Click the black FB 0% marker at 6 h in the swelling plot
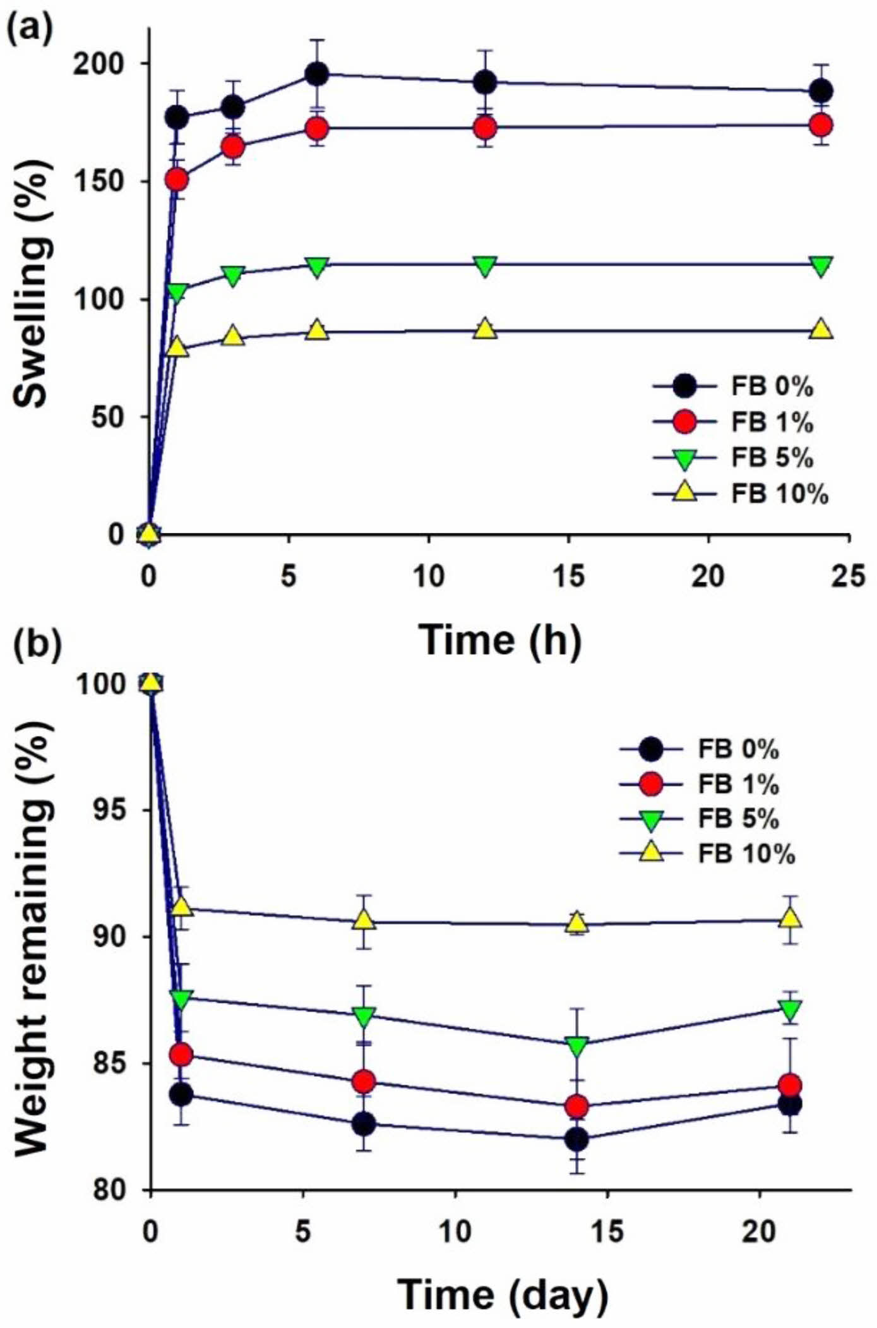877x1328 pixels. pos(316,74)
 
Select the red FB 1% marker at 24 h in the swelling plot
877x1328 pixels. pos(821,125)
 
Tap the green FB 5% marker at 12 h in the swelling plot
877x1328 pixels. pos(484,265)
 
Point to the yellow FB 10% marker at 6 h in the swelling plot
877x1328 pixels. pos(317,330)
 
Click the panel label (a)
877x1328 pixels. pos(30,27)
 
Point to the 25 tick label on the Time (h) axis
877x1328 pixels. pos(848,576)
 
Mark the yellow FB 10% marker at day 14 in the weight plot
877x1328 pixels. pos(577,923)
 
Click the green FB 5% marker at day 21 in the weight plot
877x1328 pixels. pos(790,1008)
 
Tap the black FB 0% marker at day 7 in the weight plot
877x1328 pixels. pos(364,1124)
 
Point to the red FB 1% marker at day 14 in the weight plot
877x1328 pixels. pos(577,1106)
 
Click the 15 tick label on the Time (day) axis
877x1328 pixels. pos(607,1231)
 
